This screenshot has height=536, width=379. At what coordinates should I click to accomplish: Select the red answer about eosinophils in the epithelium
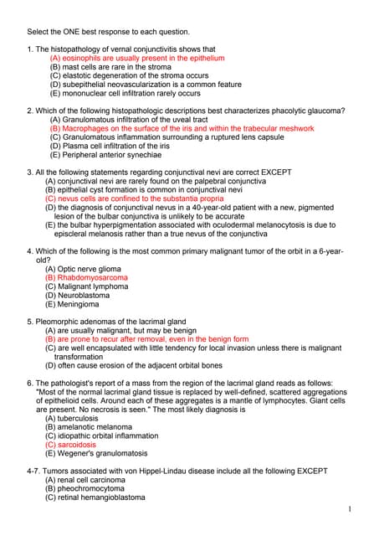click(137, 59)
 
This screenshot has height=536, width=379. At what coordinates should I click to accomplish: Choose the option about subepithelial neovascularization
click(146, 85)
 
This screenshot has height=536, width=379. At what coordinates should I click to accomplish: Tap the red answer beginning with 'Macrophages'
click(182, 129)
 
